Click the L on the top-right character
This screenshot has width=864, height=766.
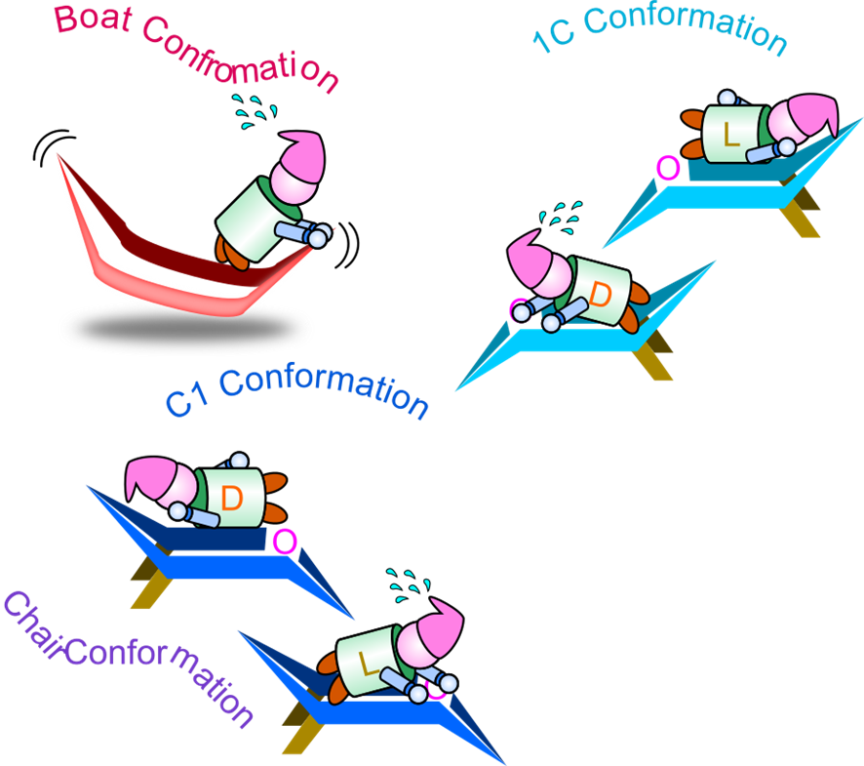(x=731, y=135)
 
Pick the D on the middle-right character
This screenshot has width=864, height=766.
(x=602, y=293)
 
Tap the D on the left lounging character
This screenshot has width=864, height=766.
(x=231, y=498)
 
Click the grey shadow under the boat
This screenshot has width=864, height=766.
(x=185, y=327)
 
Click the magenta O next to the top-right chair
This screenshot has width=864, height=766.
(x=668, y=168)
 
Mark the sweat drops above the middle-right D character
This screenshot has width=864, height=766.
(x=564, y=217)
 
